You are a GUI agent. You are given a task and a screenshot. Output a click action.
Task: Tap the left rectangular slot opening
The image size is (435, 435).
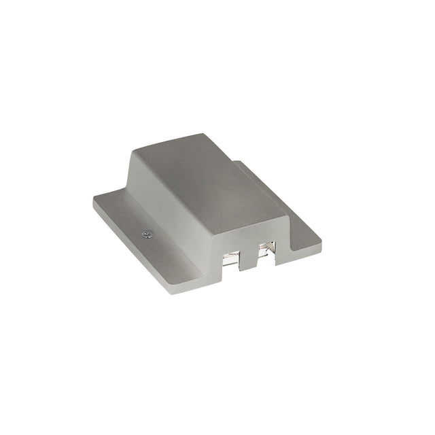[x=232, y=258]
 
